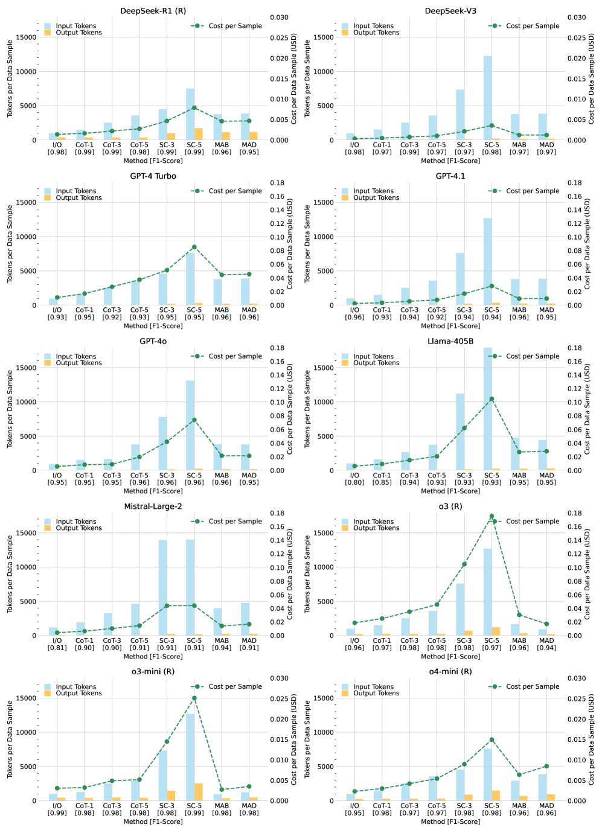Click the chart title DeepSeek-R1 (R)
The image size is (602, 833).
(x=153, y=11)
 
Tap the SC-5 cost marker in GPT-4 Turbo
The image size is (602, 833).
(x=194, y=247)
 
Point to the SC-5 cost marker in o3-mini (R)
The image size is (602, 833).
(x=194, y=698)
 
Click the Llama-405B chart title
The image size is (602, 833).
(x=450, y=342)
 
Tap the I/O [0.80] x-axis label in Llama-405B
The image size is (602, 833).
(x=354, y=479)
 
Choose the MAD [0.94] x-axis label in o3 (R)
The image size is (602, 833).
(x=546, y=644)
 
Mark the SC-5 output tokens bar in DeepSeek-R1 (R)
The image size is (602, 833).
(x=199, y=134)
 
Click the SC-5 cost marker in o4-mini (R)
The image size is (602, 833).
(x=492, y=739)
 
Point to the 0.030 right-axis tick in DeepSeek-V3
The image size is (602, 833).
(x=578, y=18)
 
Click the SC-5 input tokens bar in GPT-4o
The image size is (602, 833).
(x=190, y=425)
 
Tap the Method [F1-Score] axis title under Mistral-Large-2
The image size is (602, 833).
(x=153, y=657)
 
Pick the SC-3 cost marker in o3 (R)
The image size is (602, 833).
(x=464, y=564)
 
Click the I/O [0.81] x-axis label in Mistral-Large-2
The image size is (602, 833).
(x=57, y=644)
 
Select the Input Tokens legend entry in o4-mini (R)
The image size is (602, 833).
(x=373, y=687)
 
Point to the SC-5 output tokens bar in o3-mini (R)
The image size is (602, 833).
(x=199, y=792)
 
